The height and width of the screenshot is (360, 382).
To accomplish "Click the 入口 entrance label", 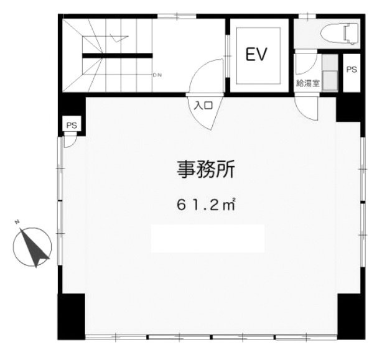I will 205,105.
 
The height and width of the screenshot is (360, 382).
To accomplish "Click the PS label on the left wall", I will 72,126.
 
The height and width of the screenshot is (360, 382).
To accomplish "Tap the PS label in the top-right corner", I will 351,69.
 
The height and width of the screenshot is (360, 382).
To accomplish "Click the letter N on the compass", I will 19,222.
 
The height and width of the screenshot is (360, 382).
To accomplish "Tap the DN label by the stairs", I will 157,76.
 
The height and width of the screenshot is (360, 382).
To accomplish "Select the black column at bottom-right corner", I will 350,315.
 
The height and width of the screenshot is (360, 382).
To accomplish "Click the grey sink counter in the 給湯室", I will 329,75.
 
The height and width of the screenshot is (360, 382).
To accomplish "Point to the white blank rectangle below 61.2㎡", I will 208,238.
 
